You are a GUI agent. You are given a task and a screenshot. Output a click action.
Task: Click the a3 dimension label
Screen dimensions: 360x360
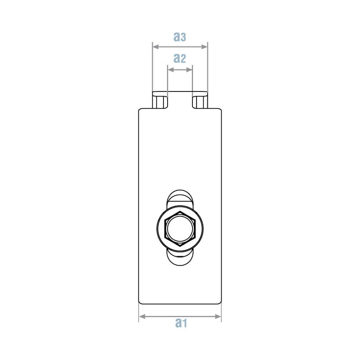coord(179,37)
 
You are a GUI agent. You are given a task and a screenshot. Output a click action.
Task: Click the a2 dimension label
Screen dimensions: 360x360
coord(179,58)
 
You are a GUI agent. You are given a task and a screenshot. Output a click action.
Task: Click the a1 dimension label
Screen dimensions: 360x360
coord(181,323)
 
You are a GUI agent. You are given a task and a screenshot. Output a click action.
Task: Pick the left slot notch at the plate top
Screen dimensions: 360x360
coord(160,101)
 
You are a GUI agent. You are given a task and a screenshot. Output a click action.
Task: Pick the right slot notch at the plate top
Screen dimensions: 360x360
coord(200,101)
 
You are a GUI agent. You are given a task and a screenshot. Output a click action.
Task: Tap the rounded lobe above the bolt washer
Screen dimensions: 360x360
coord(180,197)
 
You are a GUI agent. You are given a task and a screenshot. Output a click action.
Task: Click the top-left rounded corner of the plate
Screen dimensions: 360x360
coord(141,110)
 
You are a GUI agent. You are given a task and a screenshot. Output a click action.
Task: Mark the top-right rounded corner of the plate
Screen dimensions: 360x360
coord(220,110)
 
